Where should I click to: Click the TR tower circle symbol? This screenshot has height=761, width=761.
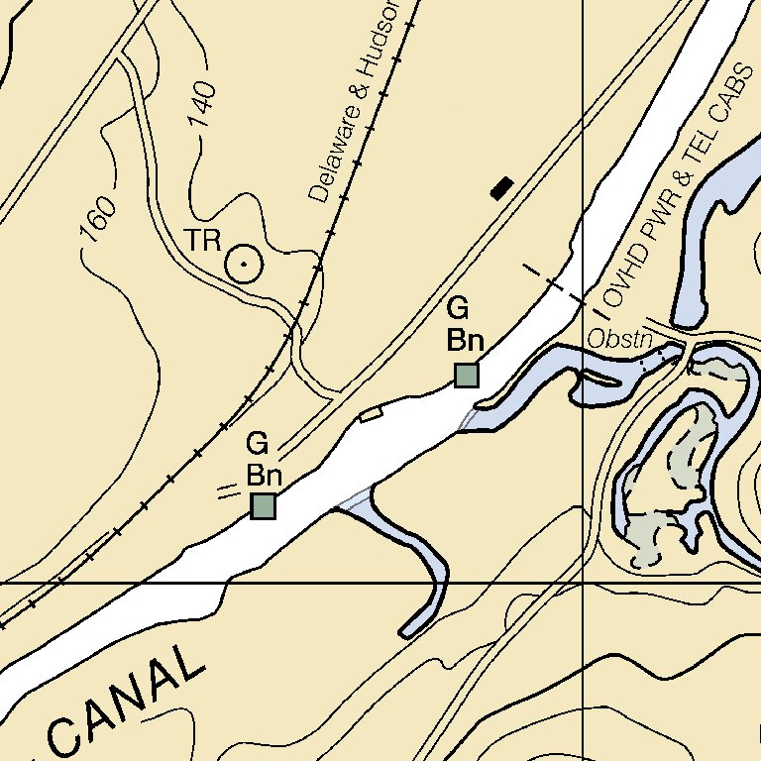[x=243, y=264]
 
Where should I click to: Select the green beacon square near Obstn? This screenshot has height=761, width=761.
[x=466, y=375]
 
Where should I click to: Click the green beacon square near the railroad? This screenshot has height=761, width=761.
[x=263, y=506]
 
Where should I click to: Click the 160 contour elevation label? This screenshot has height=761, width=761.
[x=98, y=219]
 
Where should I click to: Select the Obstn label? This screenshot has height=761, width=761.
[x=619, y=339]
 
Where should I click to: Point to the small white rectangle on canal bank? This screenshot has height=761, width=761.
[x=371, y=413]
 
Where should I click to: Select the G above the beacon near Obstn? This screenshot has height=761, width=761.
[x=458, y=306]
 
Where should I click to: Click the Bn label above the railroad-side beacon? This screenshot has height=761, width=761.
[x=265, y=476]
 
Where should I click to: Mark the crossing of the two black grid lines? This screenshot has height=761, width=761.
[x=582, y=584]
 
